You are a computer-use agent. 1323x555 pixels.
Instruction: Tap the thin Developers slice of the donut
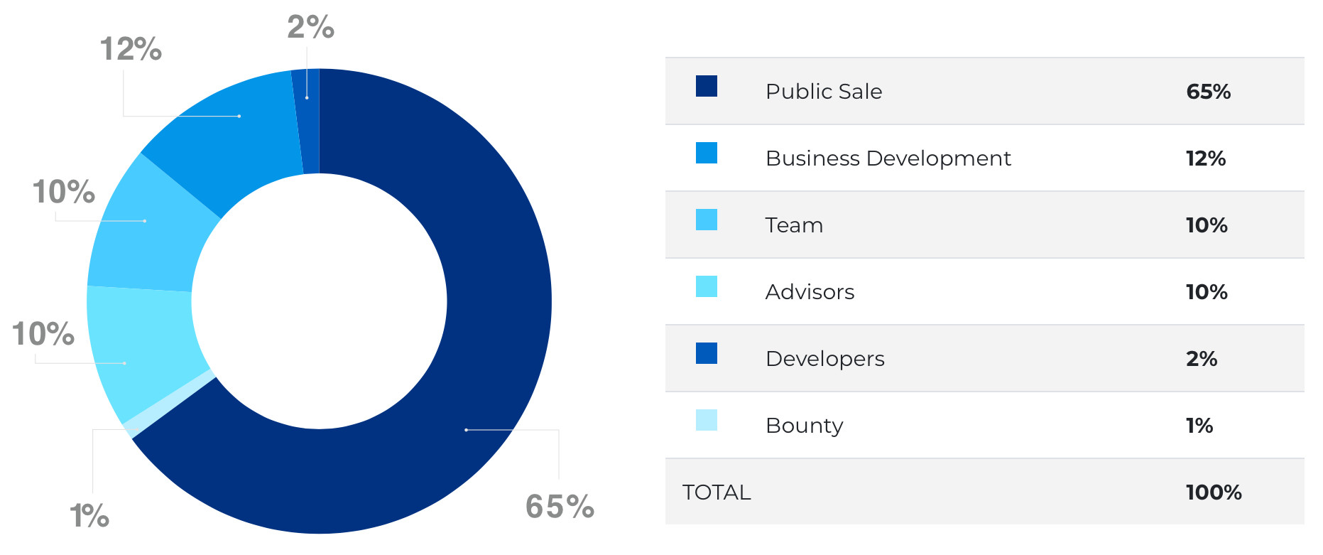click(310, 121)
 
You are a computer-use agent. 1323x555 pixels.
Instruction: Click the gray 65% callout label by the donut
click(560, 507)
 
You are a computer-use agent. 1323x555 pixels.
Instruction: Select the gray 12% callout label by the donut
click(131, 50)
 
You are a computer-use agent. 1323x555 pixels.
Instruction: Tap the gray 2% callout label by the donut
click(310, 28)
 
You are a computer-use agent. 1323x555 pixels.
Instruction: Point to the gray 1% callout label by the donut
click(89, 516)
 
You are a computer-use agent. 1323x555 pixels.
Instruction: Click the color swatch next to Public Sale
click(706, 86)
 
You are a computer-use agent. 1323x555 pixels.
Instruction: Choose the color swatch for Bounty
click(706, 420)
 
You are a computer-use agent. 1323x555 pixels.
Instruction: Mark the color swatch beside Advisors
click(706, 286)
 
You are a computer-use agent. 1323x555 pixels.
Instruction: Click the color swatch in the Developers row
click(706, 353)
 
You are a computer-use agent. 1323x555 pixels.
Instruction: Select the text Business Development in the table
click(888, 158)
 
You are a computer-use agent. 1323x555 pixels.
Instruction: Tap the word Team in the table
click(794, 225)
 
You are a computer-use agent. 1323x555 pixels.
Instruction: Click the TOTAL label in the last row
click(716, 492)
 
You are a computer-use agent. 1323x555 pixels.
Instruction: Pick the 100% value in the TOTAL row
click(1213, 492)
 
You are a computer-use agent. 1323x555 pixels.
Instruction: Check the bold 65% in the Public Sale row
click(1208, 92)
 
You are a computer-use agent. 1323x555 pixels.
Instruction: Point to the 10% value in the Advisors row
click(1206, 292)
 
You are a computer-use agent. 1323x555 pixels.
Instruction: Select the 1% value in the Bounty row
click(1199, 426)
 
